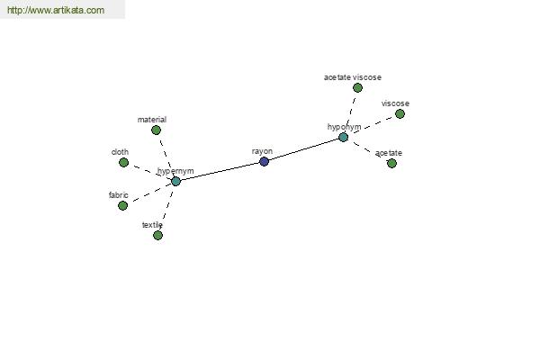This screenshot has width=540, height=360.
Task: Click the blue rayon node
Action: pyautogui.click(x=264, y=161)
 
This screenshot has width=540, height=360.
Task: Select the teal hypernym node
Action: pyautogui.click(x=176, y=181)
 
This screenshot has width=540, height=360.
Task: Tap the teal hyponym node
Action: pyautogui.click(x=344, y=137)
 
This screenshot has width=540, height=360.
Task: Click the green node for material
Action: pyautogui.click(x=156, y=130)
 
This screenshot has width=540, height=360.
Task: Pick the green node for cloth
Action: pyautogui.click(x=123, y=162)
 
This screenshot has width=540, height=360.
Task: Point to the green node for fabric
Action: pyautogui.click(x=122, y=206)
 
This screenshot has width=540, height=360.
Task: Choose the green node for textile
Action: pyautogui.click(x=157, y=235)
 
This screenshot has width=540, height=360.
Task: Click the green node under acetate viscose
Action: pyautogui.click(x=358, y=88)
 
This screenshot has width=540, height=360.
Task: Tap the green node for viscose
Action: pyautogui.click(x=400, y=113)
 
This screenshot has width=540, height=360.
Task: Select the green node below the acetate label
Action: pyautogui.click(x=391, y=163)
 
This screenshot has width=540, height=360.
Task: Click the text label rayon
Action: pyautogui.click(x=262, y=151)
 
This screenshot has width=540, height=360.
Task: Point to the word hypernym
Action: pyautogui.click(x=175, y=171)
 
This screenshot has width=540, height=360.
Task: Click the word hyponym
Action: pyautogui.click(x=345, y=127)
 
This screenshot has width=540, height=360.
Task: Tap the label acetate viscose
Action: pyautogui.click(x=353, y=77)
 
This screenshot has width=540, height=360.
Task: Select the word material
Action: pyautogui.click(x=152, y=120)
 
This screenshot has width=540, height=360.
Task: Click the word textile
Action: pyautogui.click(x=152, y=225)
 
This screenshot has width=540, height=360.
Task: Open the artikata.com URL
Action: pyautogui.click(x=56, y=10)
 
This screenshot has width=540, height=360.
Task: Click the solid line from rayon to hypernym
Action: pyautogui.click(x=220, y=171)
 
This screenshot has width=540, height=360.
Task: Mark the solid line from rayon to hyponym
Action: pyautogui.click(x=304, y=149)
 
